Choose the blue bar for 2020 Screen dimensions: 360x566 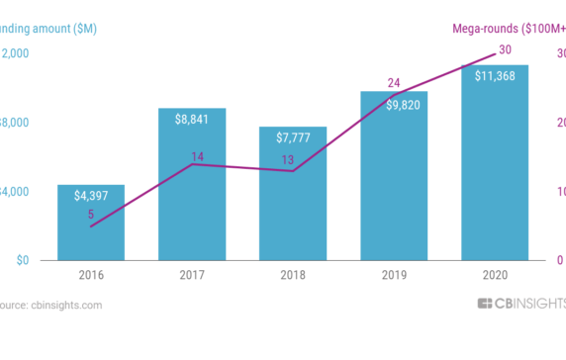(494, 168)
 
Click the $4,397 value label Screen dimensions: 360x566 (91, 196)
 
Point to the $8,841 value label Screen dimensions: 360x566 (192, 120)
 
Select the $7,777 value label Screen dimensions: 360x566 (293, 137)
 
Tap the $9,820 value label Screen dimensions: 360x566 (394, 103)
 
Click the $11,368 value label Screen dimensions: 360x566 (494, 76)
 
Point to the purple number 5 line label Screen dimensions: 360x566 (91, 214)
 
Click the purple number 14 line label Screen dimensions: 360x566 (197, 155)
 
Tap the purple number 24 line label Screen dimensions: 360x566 (393, 83)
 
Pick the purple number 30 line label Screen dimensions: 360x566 (505, 49)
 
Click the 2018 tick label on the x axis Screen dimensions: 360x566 (293, 275)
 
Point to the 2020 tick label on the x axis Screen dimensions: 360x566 (494, 275)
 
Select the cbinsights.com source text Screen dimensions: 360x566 (51, 305)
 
